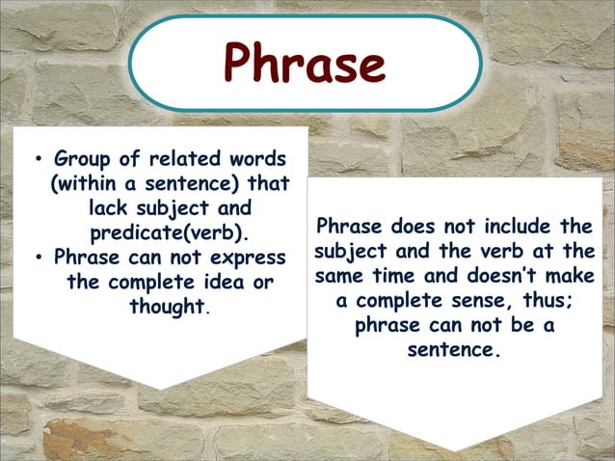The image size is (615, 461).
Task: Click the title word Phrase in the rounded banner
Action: point(305,64)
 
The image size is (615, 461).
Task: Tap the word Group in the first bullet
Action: point(83,157)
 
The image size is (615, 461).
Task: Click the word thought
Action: point(169,308)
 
